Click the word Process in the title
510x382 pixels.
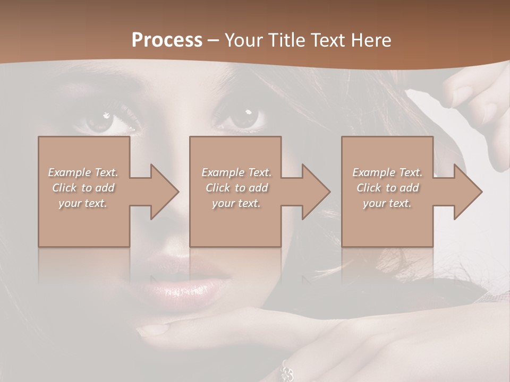(x=167, y=40)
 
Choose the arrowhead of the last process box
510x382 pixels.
(x=467, y=192)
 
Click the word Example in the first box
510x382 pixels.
(x=69, y=172)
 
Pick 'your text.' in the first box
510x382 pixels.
(x=83, y=203)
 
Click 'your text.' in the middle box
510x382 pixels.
(x=236, y=203)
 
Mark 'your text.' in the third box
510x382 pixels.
(x=387, y=203)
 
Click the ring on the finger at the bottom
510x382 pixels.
(x=287, y=371)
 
